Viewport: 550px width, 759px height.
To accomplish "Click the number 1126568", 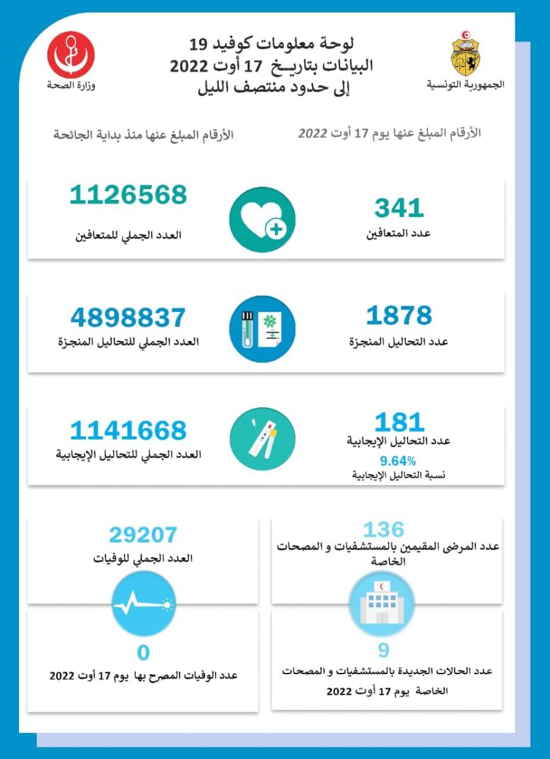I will click(128, 195).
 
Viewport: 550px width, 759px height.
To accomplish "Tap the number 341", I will click(399, 207).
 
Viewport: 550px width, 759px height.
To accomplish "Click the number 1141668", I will click(128, 431).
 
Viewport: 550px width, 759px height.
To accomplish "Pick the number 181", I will click(399, 422).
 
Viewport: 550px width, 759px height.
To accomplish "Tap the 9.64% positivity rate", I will click(398, 460).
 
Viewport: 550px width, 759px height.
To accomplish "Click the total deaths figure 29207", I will click(143, 535).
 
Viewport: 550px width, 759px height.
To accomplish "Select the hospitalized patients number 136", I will click(384, 529).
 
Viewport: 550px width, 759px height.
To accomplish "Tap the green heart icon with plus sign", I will click(262, 219).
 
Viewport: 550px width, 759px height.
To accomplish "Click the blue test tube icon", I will click(262, 329).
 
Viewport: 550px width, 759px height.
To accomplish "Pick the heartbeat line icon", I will click(143, 604).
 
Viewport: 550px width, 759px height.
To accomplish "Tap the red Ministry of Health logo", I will click(71, 56).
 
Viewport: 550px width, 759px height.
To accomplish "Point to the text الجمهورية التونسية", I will click(467, 85).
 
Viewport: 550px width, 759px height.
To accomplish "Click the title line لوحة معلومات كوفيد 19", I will click(272, 44).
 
